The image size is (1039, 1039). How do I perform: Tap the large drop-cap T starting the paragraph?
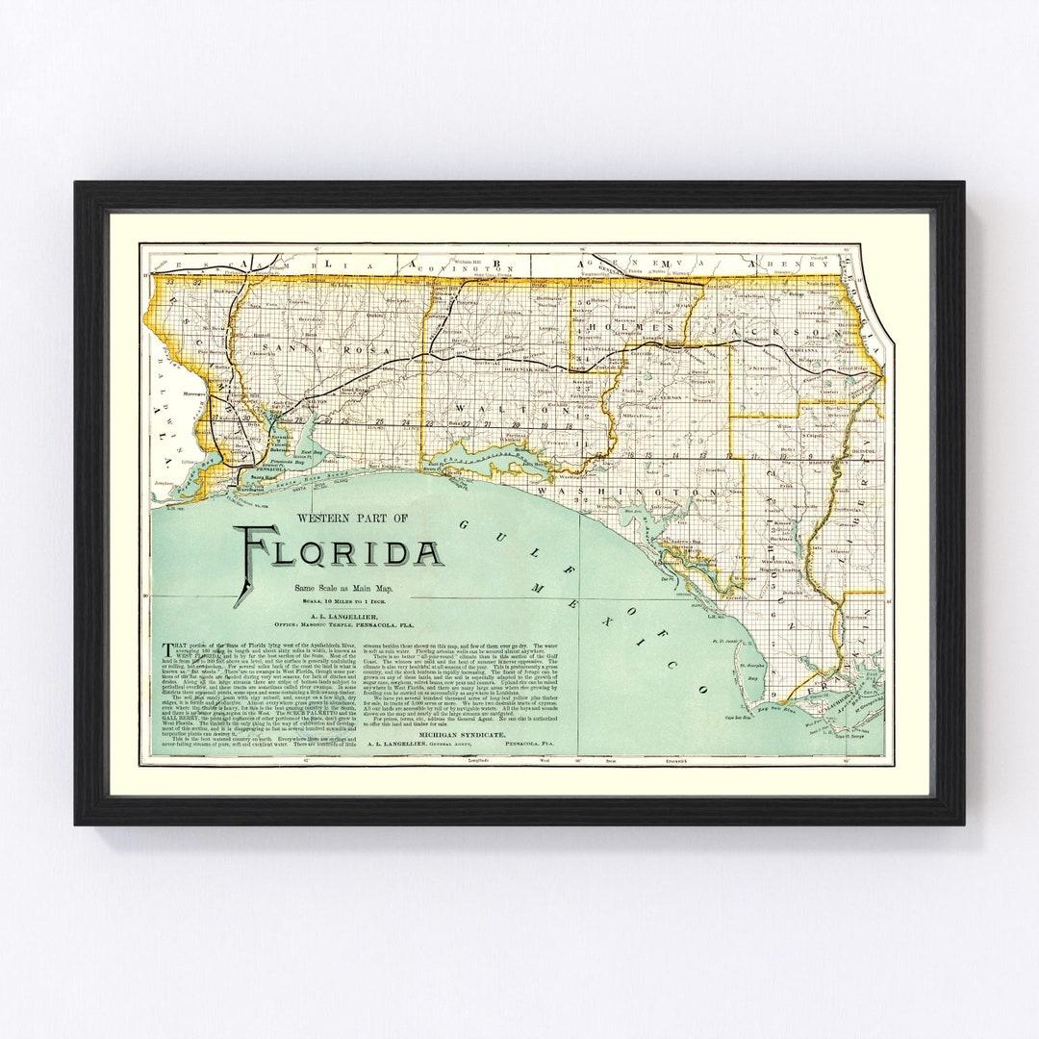pos(168,646)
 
